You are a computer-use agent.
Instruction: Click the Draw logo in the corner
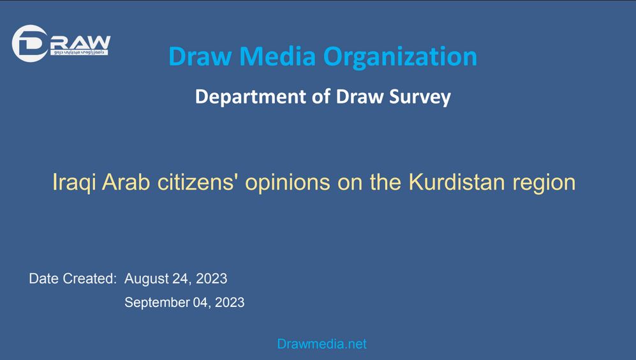pos(61,44)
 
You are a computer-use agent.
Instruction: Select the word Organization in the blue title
pos(400,56)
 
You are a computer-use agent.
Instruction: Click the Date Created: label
pos(73,279)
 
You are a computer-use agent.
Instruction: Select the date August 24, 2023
pos(175,279)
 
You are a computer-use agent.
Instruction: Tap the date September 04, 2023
pos(184,303)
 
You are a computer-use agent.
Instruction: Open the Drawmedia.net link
pos(322,344)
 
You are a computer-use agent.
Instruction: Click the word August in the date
pos(146,279)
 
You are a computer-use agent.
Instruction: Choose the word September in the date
pos(156,303)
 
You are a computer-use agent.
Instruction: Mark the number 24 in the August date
pos(181,279)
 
